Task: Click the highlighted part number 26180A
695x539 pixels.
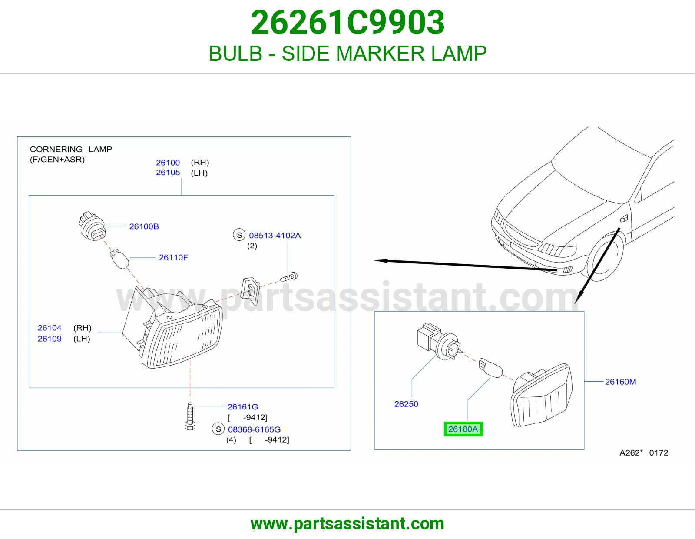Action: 463,429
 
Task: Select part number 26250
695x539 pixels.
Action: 406,404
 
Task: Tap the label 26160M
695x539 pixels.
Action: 620,382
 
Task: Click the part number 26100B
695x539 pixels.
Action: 144,226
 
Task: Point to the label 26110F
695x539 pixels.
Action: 173,257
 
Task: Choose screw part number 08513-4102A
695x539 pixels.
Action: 275,235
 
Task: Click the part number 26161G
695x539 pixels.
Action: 243,406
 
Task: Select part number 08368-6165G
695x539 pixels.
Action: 254,429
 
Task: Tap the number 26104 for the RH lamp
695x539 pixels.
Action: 50,328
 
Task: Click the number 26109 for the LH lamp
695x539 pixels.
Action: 50,339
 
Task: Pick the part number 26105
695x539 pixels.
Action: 168,173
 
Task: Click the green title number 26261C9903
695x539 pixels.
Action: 347,22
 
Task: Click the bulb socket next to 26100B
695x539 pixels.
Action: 92,226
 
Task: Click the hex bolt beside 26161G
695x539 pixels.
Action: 190,416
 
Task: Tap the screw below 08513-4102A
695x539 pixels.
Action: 289,277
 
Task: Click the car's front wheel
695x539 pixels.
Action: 605,256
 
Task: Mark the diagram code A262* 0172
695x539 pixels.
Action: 644,452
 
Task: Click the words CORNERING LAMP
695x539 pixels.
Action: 71,149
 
